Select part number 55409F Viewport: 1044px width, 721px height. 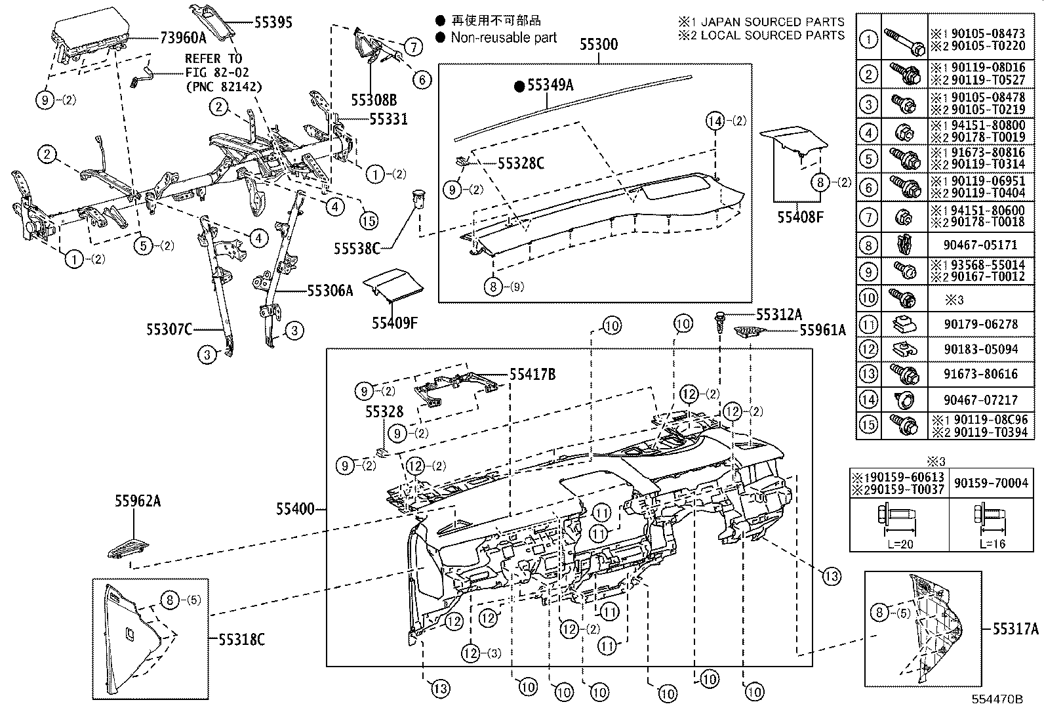click(395, 322)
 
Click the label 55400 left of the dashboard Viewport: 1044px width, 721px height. click(294, 508)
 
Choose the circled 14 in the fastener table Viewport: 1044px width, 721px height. click(868, 400)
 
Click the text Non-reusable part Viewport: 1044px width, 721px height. click(504, 37)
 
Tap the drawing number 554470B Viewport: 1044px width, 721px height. click(997, 699)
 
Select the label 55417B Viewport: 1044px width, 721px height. click(532, 375)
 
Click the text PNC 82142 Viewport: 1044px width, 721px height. click(224, 86)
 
